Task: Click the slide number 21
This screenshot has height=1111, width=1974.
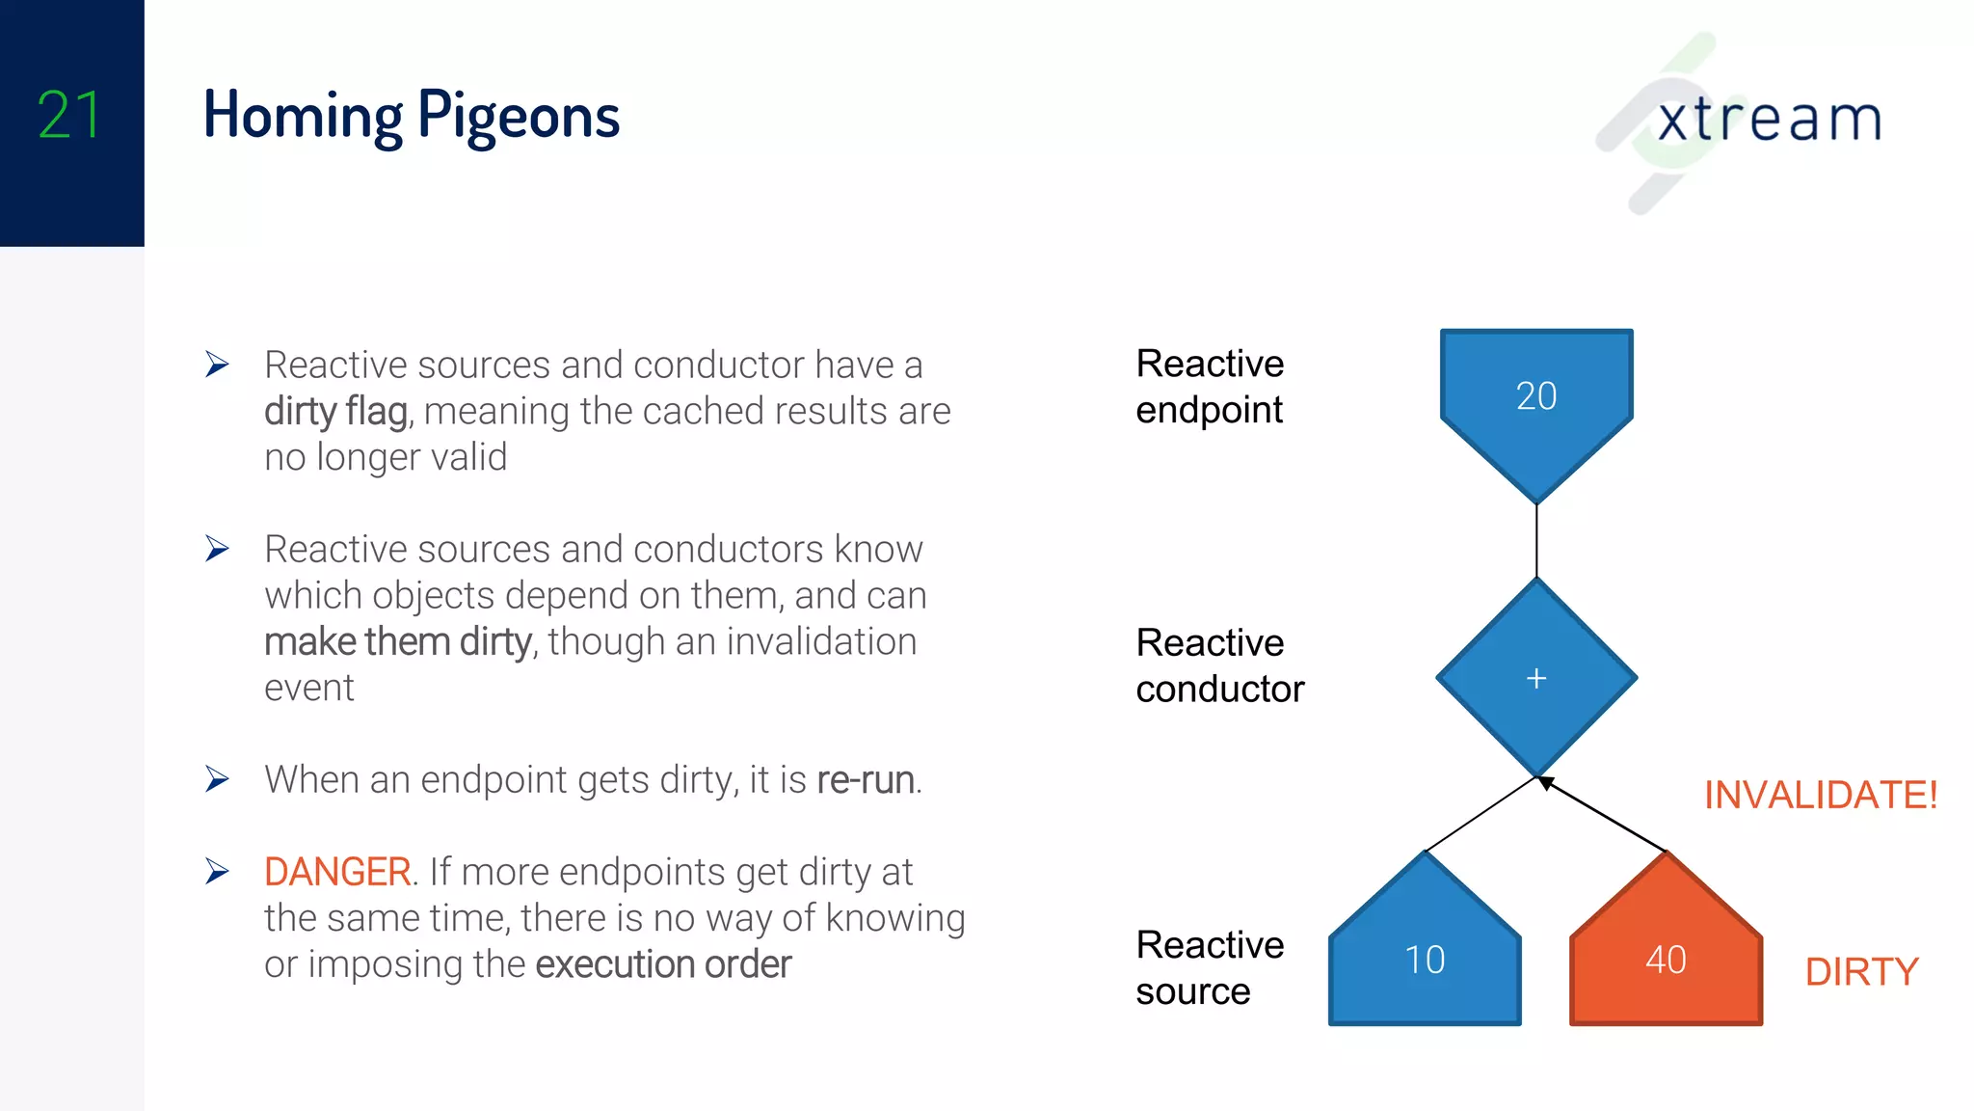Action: coord(68,116)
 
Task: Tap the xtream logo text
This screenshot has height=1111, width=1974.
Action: coord(1769,121)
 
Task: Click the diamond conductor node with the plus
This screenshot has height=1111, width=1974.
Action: coord(1536,678)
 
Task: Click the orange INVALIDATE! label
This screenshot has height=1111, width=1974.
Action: coord(1820,795)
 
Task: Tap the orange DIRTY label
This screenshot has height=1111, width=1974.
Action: coord(1861,971)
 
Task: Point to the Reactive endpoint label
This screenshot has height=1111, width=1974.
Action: coord(1210,387)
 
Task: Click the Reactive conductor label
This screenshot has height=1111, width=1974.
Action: coord(1219,665)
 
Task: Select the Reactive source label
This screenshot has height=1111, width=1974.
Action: coord(1210,967)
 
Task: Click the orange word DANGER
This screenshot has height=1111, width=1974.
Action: coord(337,872)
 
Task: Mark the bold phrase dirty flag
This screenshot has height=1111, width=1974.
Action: coord(336,412)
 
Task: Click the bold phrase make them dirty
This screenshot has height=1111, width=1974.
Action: coord(397,642)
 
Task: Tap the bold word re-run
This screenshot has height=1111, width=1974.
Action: coord(866,780)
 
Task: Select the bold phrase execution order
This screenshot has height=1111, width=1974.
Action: coord(663,964)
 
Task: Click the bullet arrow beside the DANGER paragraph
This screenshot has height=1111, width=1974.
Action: coord(217,872)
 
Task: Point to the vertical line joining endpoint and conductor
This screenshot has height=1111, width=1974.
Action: coord(1536,540)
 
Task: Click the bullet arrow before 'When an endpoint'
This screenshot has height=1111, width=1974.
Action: coord(217,779)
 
